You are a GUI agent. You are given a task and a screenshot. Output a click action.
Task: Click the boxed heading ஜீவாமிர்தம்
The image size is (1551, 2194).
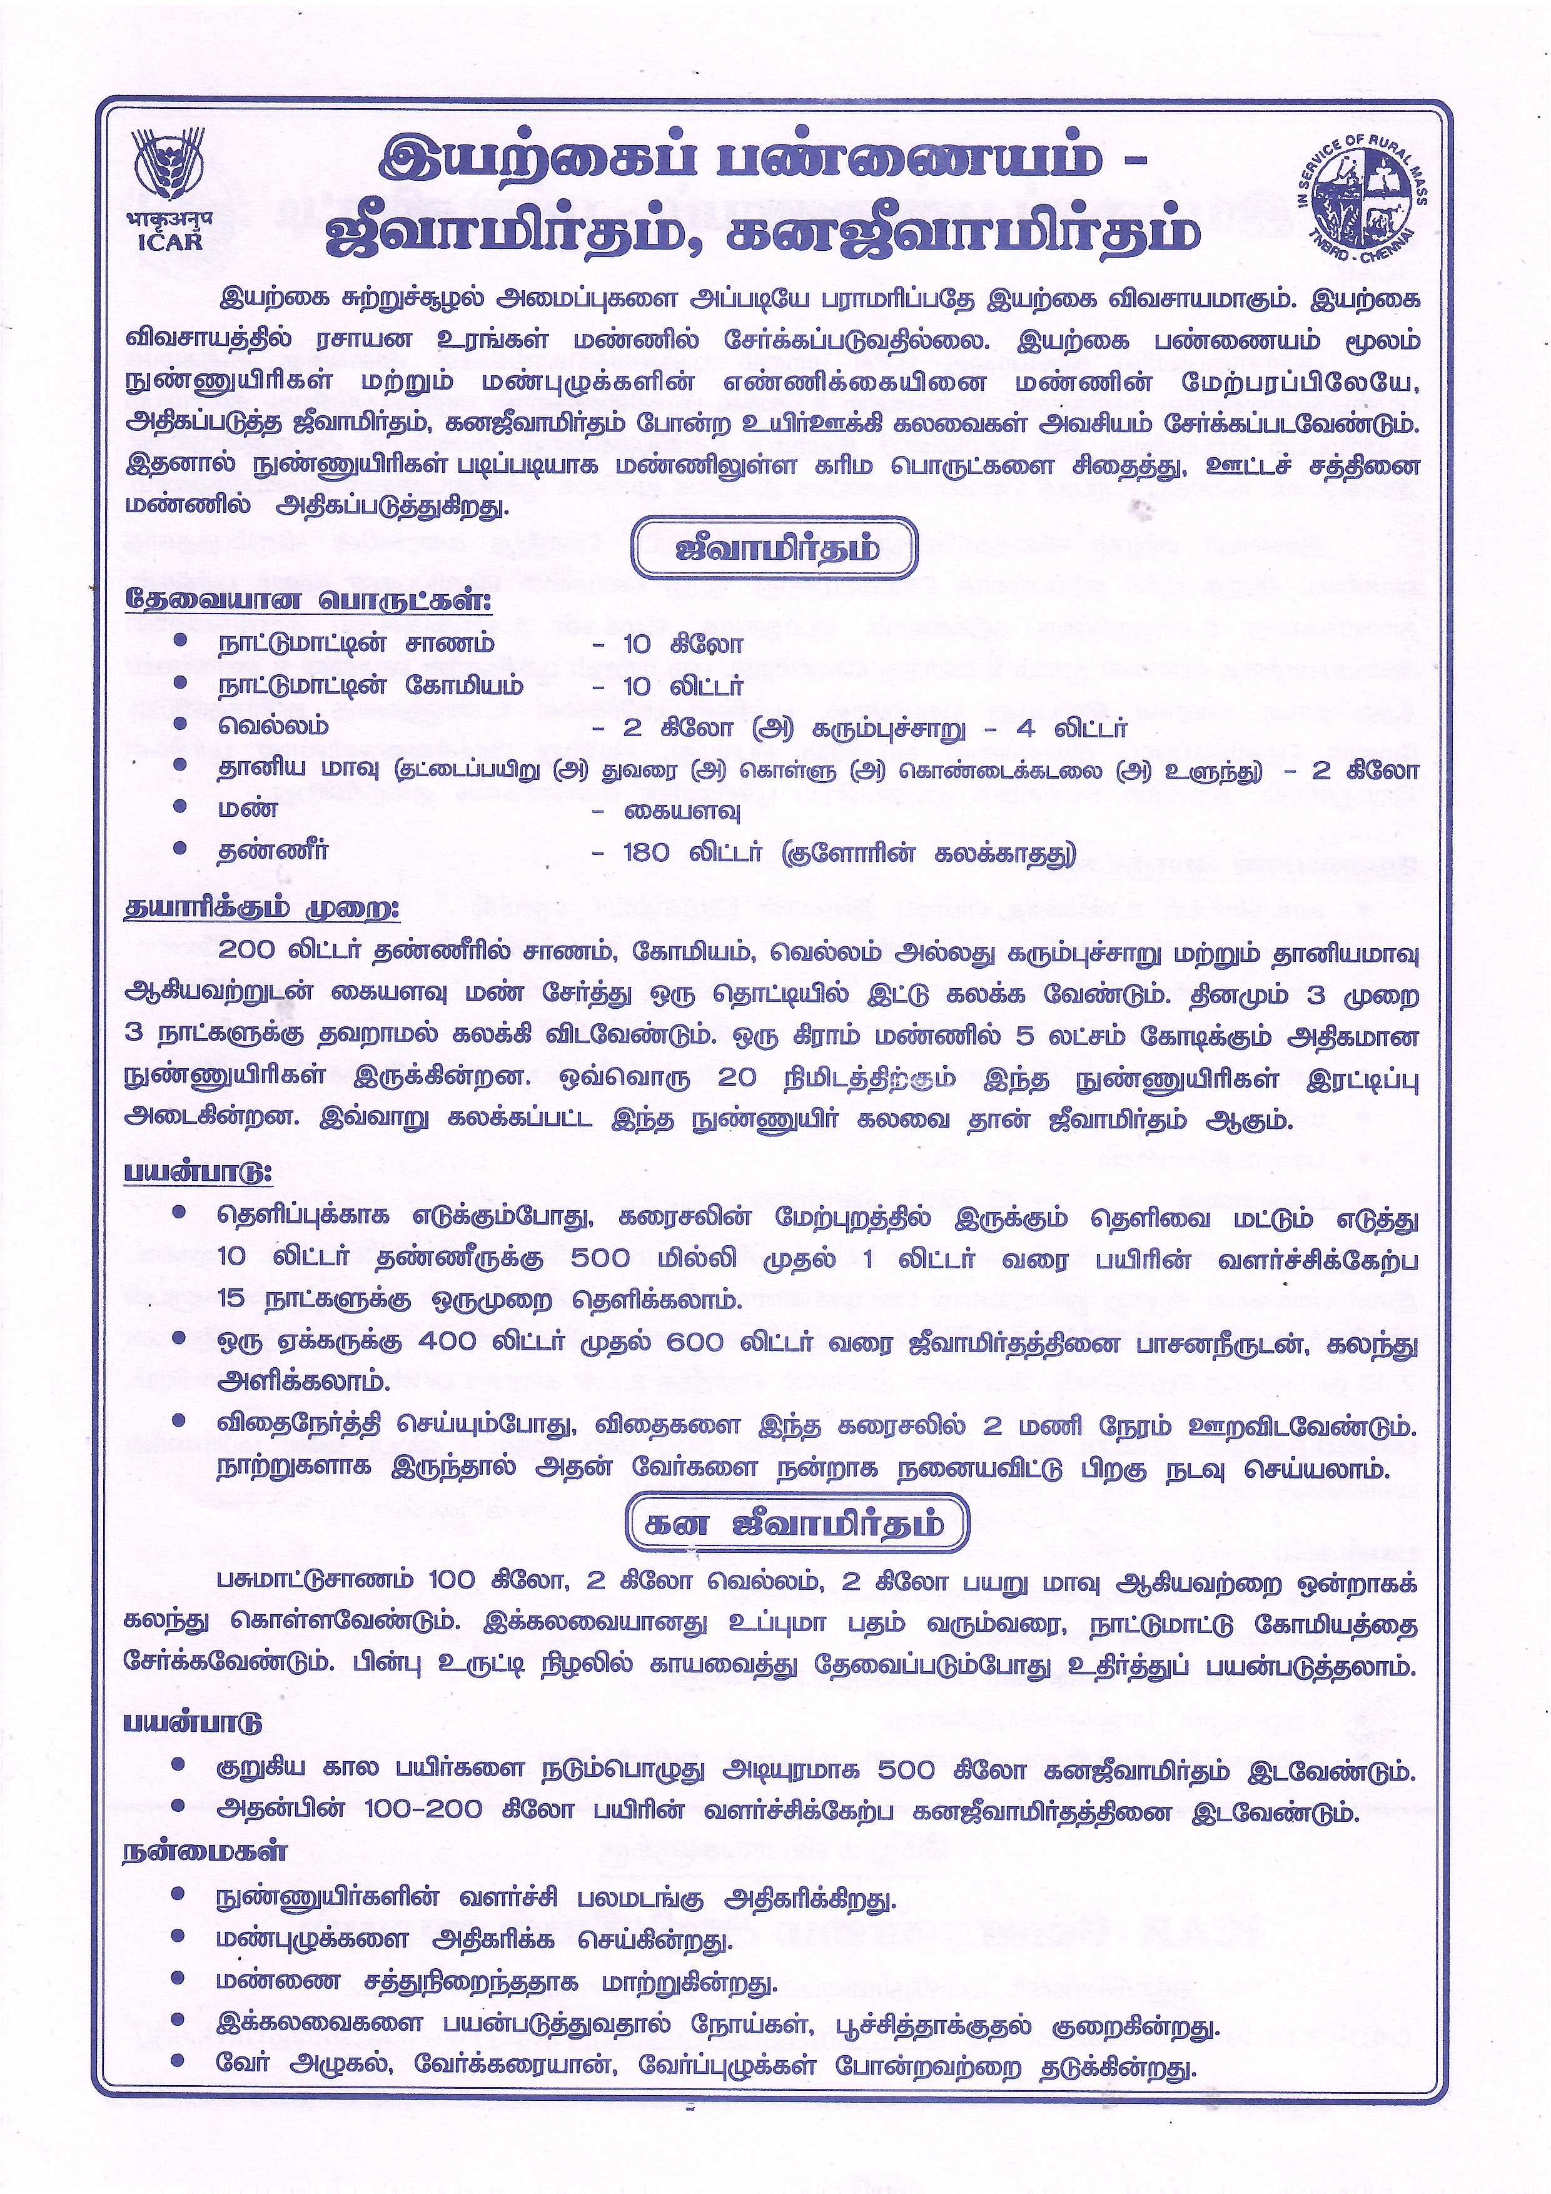coord(774,550)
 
